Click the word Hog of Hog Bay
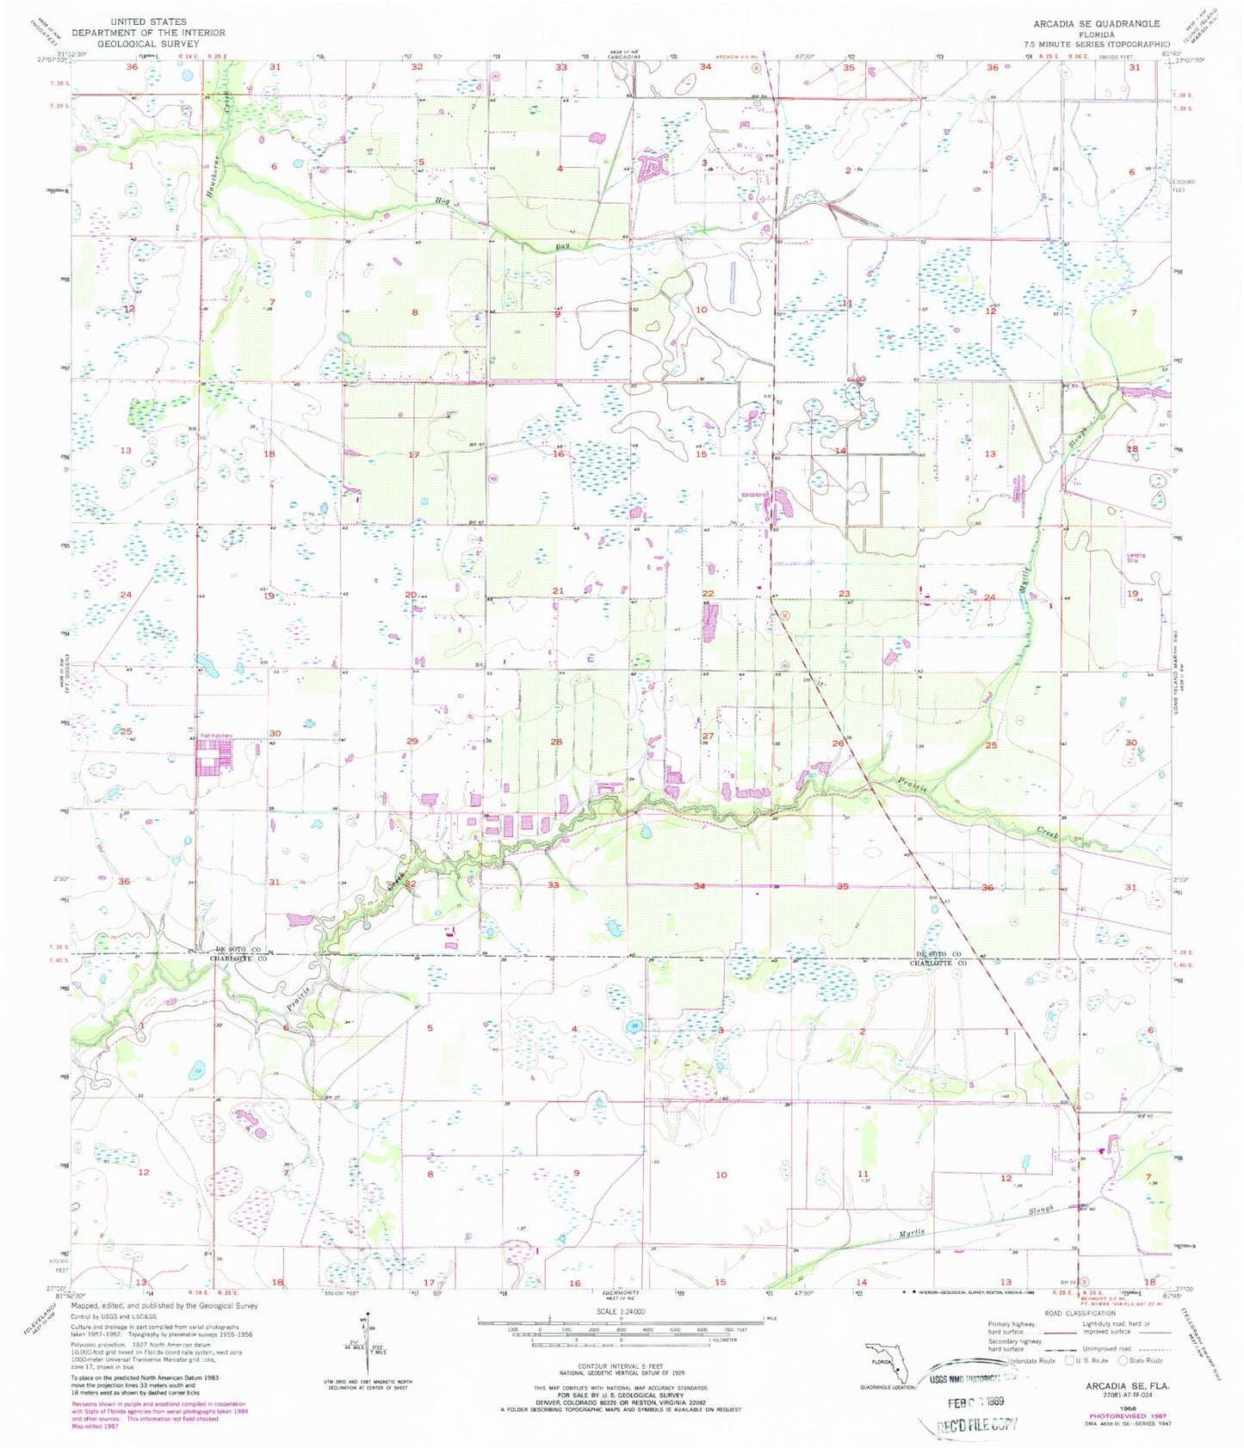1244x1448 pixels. (x=443, y=201)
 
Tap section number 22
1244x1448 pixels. (x=708, y=594)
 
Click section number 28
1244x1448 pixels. (x=556, y=742)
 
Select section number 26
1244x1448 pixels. (x=837, y=742)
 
